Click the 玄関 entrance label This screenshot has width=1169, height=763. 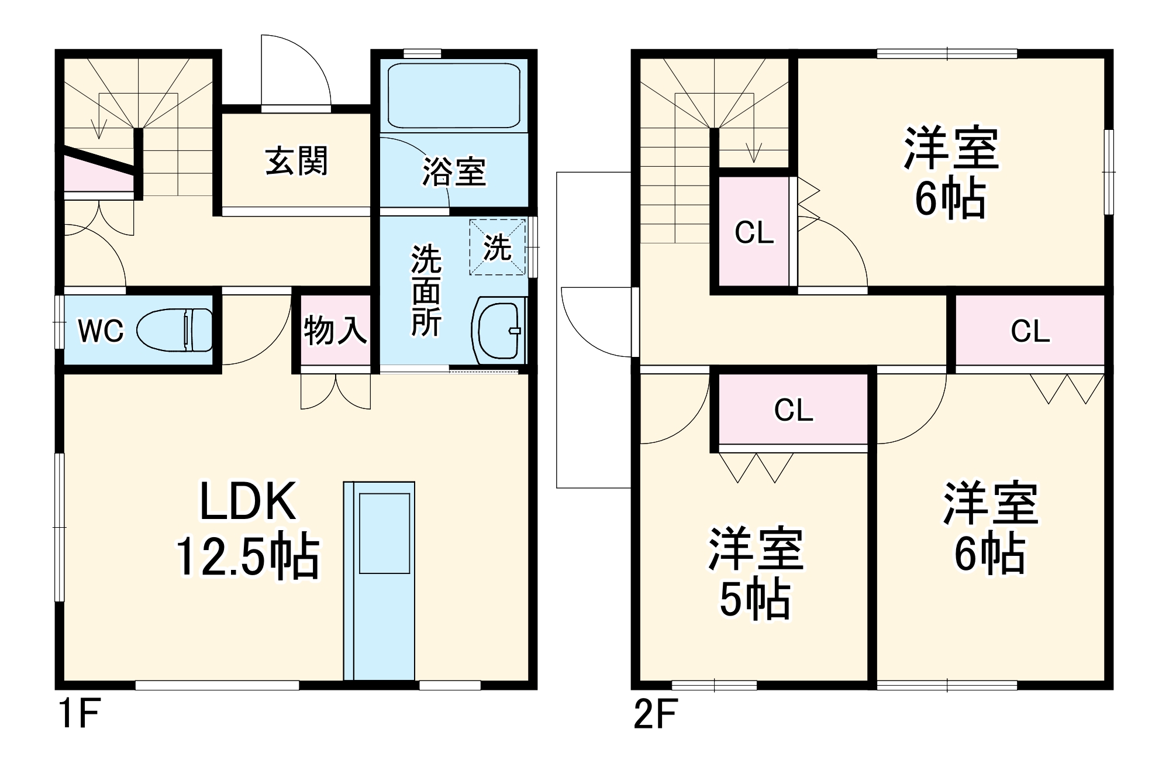pos(296,161)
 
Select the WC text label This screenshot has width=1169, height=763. pos(101,331)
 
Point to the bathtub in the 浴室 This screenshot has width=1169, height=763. pos(454,95)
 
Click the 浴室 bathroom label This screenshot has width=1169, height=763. pos(454,172)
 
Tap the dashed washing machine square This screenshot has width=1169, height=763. pos(497,248)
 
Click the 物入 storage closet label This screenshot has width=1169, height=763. pos(335,331)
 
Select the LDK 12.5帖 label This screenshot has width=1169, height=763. pos(248,528)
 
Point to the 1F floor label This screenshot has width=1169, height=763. pos(79,713)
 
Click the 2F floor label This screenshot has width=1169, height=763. pos(655,713)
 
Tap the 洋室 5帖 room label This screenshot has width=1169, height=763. pos(755,573)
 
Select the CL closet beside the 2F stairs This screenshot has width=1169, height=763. pos(754,232)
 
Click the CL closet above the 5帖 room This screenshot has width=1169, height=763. pos(793,410)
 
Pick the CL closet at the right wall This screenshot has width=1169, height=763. pos(1030,331)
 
